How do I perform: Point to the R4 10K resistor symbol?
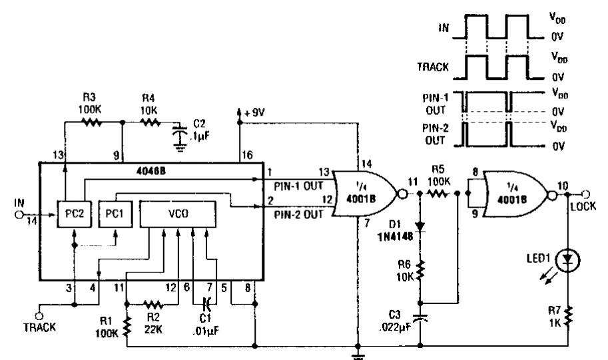pyautogui.click(x=151, y=122)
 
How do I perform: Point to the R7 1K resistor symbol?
pyautogui.click(x=567, y=312)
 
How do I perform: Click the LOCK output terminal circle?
pyautogui.click(x=587, y=194)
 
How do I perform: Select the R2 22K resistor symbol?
pyautogui.click(x=154, y=305)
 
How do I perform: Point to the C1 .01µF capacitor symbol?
pyautogui.click(x=206, y=305)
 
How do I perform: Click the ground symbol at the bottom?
pyautogui.click(x=359, y=353)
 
